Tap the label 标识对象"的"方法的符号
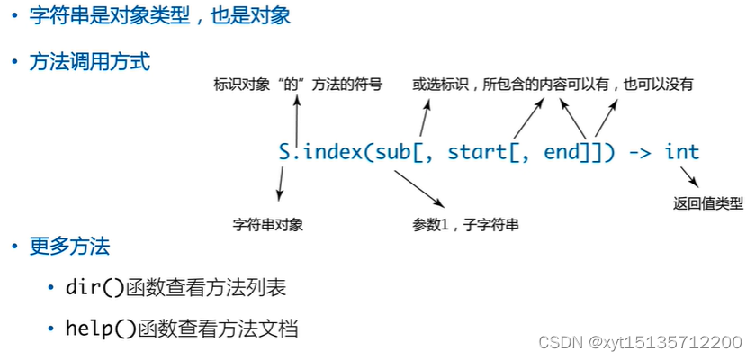click(298, 85)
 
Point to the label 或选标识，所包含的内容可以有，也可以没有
click(553, 85)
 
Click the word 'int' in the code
click(681, 152)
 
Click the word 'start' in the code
click(477, 152)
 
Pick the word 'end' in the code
click(563, 152)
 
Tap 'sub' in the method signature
click(393, 152)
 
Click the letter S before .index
click(285, 152)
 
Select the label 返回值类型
click(708, 203)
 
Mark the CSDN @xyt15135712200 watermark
click(639, 342)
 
